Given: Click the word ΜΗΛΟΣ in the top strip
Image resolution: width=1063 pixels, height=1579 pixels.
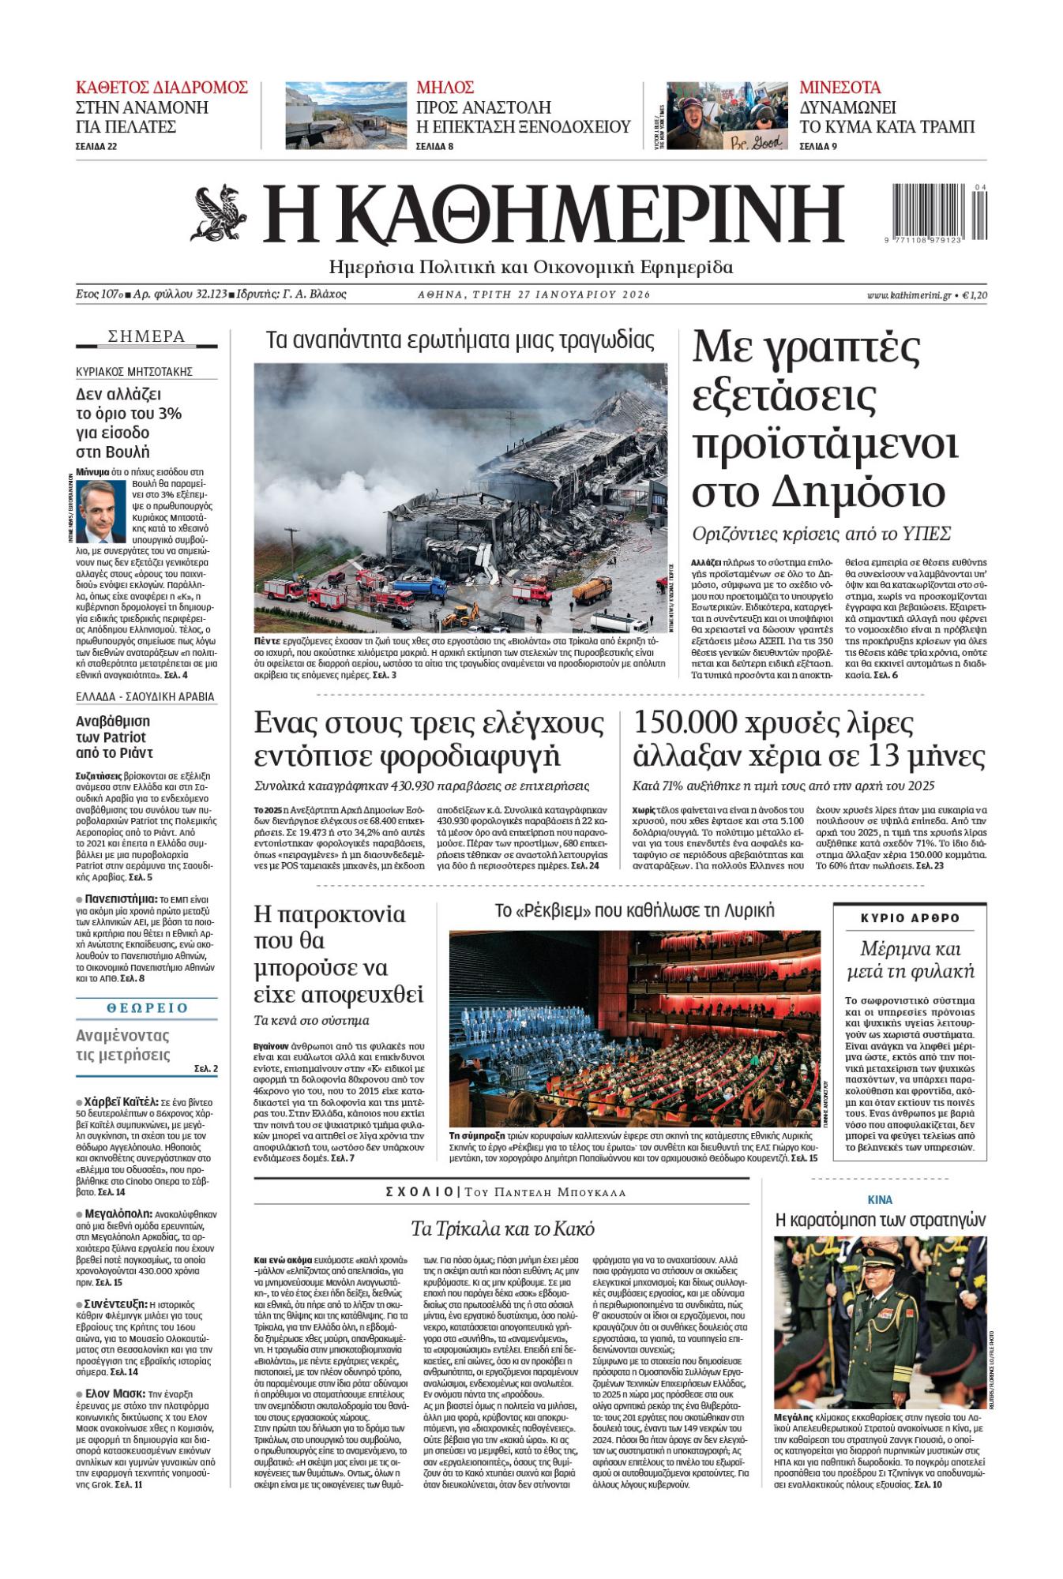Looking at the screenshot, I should pyautogui.click(x=445, y=88).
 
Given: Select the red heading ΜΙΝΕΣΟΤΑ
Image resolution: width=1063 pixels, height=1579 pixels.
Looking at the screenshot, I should pyautogui.click(x=840, y=88).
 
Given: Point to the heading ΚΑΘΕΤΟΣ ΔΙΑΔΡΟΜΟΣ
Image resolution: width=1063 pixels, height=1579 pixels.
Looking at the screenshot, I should pyautogui.click(x=161, y=88).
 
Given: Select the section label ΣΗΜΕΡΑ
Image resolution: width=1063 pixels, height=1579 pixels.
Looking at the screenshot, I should pyautogui.click(x=146, y=337).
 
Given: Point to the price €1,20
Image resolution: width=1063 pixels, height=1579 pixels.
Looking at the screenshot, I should pyautogui.click(x=976, y=294).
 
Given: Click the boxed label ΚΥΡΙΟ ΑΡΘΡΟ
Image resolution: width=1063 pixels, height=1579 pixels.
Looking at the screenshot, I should pyautogui.click(x=909, y=918).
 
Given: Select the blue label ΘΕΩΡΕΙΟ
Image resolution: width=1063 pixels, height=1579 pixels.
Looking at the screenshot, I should pyautogui.click(x=146, y=1008).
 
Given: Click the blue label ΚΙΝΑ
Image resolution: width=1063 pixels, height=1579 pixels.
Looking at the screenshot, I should pyautogui.click(x=880, y=1199).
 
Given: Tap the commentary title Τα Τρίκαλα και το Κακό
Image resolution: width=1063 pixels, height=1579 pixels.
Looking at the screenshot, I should pyautogui.click(x=502, y=1229).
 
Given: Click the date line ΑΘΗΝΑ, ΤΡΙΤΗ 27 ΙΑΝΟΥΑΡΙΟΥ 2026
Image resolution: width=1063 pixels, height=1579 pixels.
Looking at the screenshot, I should pyautogui.click(x=534, y=294).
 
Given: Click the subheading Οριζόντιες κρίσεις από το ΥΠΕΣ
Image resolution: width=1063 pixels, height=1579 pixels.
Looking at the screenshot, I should pyautogui.click(x=821, y=533).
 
